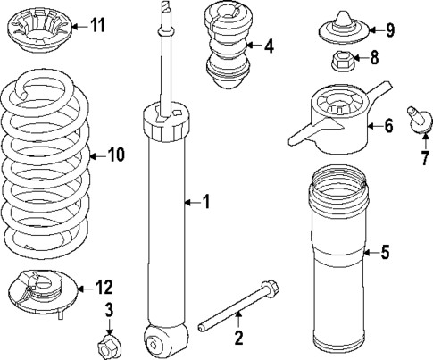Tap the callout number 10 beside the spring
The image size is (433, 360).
pyautogui.click(x=115, y=155)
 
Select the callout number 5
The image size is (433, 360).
pyautogui.click(x=384, y=253)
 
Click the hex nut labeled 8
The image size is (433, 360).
pyautogui.click(x=342, y=63)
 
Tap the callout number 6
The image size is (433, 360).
pyautogui.click(x=388, y=125)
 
